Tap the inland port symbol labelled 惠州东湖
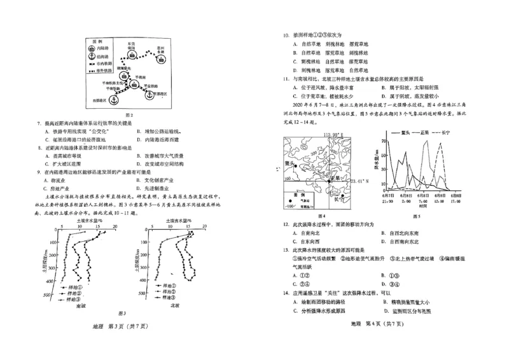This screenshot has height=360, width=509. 162,61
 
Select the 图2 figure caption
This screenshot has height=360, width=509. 128,114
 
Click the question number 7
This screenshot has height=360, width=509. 39,121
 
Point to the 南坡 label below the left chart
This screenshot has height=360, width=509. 81,305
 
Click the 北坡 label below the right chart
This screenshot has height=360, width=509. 174,305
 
